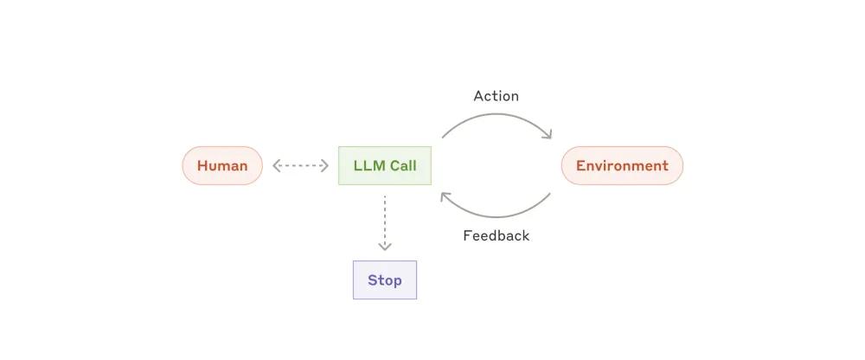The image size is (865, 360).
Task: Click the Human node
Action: (222, 165)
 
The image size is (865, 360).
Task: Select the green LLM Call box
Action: (385, 165)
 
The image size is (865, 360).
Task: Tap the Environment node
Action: (622, 165)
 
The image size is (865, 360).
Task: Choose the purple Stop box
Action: (385, 280)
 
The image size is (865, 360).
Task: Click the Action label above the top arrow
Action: (496, 96)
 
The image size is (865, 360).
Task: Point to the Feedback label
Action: (496, 235)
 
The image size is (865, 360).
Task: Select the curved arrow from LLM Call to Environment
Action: (497, 116)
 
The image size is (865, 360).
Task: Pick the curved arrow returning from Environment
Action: (497, 215)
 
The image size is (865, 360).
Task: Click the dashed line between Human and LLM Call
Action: (301, 165)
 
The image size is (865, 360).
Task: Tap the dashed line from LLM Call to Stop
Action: (385, 221)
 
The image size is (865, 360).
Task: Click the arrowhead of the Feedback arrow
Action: (445, 196)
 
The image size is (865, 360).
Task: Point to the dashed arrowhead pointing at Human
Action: (276, 165)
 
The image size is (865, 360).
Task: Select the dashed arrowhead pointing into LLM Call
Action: (325, 165)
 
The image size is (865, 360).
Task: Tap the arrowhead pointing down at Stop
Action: (385, 247)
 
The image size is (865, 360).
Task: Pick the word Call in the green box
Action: (402, 165)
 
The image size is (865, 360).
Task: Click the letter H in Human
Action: (202, 165)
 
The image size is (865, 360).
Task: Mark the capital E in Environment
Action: (580, 165)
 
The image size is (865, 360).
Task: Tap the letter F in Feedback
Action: (467, 235)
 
